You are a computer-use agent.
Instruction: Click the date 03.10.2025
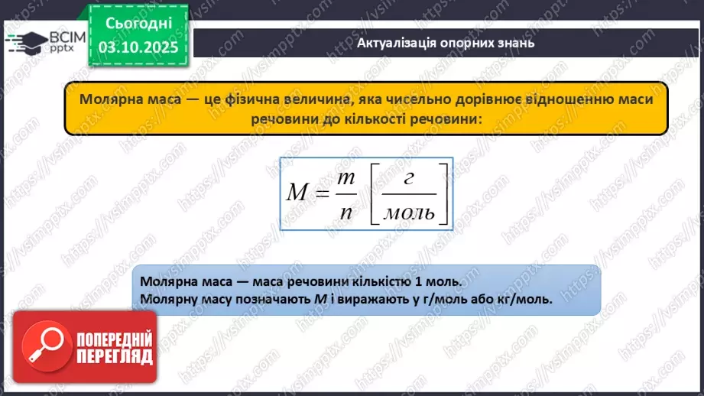point(138,48)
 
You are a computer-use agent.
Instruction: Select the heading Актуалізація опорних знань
point(446,43)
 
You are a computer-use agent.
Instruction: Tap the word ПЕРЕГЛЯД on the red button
point(115,356)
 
